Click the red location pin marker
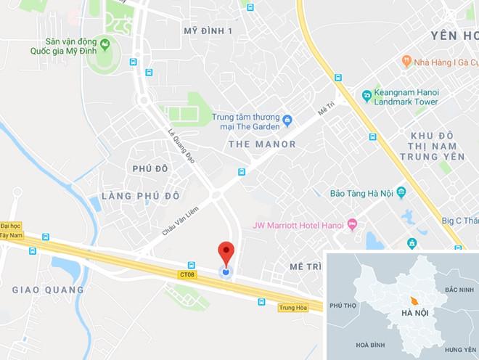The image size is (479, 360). coord(226,253)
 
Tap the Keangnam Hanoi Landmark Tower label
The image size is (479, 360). coord(406,97)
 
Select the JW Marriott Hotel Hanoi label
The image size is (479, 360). coord(298,224)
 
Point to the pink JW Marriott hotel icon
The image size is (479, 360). coord(353,224)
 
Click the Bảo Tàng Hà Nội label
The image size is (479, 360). coord(356,192)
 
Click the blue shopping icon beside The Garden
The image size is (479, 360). coord(287,119)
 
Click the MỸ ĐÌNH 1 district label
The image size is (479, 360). coord(208,30)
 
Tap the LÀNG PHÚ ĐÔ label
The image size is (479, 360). coord(140,197)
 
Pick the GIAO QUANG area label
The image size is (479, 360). coord(48,290)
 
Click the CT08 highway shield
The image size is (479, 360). coord(187,274)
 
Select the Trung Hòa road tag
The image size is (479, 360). coord(290,308)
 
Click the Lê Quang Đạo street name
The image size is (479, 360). coord(181,146)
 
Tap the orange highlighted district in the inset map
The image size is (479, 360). coord(413,300)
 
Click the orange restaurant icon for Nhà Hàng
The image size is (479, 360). coord(407,62)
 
